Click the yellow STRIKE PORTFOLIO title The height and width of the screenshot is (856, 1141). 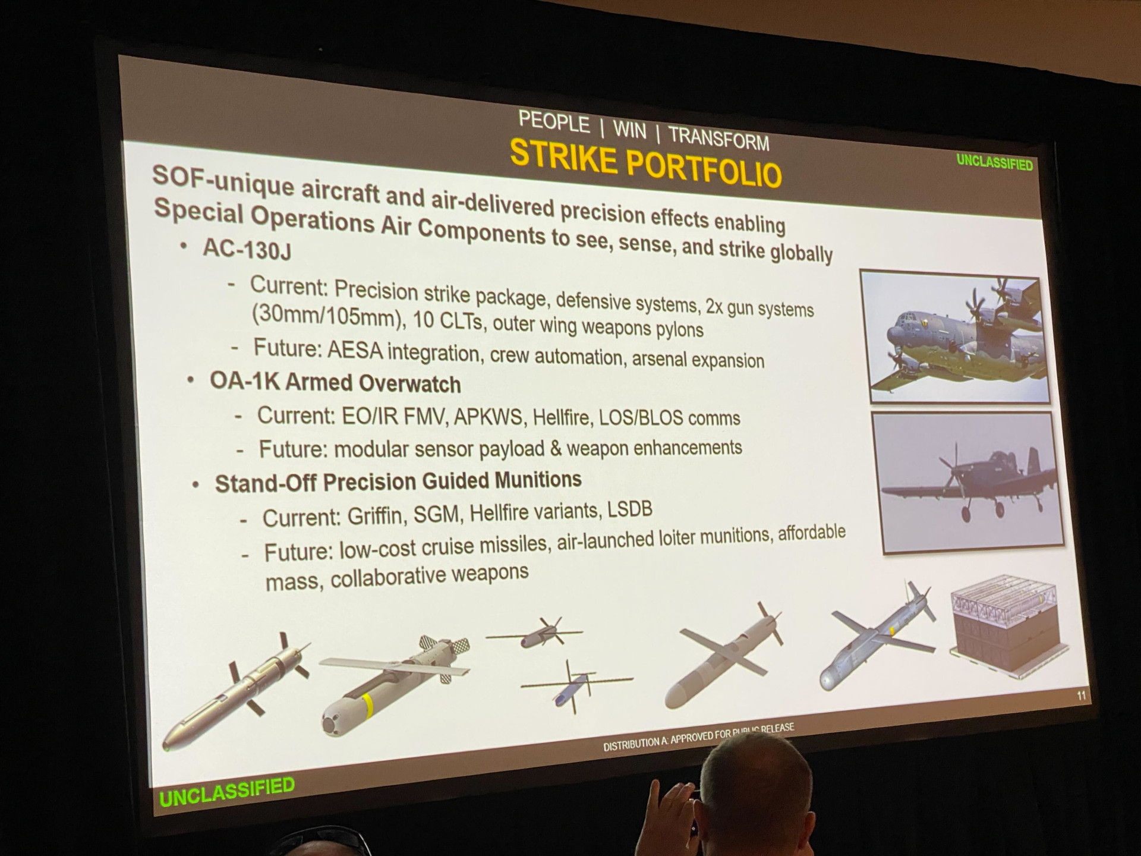[x=645, y=163]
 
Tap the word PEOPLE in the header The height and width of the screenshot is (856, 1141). [x=554, y=122]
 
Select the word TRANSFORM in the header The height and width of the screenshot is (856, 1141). [x=718, y=139]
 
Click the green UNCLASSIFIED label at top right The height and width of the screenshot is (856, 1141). [x=994, y=162]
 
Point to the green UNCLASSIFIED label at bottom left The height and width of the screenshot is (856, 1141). [x=227, y=791]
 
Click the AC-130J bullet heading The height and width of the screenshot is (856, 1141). [x=247, y=249]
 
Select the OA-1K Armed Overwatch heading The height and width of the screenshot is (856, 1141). [x=335, y=382]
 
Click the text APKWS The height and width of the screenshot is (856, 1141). [x=490, y=417]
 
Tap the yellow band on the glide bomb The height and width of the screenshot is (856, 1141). [x=368, y=705]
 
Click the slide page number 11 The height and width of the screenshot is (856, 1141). [x=1081, y=695]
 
